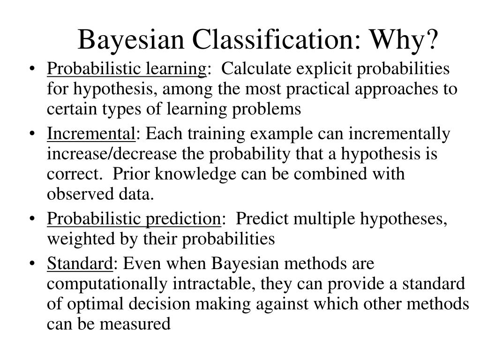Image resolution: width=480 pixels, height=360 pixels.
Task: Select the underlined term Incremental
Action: [91, 135]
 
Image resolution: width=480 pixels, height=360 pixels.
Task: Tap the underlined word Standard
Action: [80, 264]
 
